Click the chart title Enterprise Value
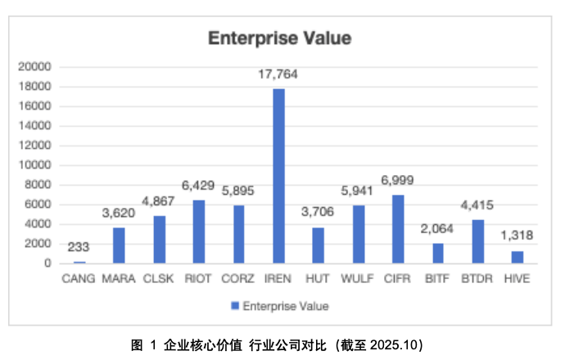(x=279, y=38)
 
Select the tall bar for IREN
(x=278, y=176)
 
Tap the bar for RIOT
(x=198, y=232)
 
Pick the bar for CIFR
(x=398, y=229)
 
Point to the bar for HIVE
(x=517, y=257)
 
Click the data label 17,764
(x=278, y=74)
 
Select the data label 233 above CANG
(x=79, y=247)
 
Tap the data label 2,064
(x=437, y=229)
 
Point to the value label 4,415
(x=477, y=206)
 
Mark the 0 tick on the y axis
(x=47, y=263)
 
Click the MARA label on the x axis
(x=119, y=279)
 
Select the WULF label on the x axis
(x=358, y=279)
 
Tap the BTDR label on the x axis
(x=477, y=279)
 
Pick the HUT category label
(x=318, y=279)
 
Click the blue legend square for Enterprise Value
(x=235, y=306)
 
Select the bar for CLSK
(x=159, y=240)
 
